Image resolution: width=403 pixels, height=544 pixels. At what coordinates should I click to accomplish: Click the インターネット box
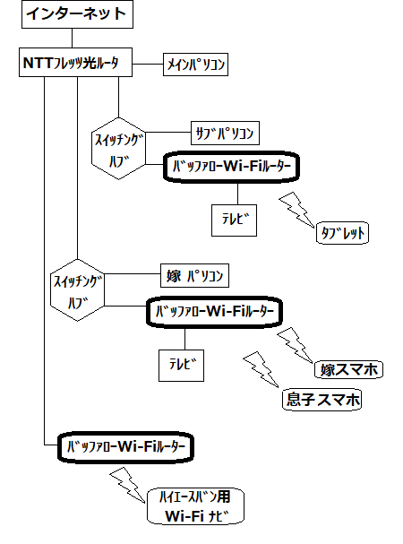pos(77,14)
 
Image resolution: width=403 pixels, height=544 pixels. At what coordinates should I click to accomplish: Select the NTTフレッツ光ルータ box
pos(75,63)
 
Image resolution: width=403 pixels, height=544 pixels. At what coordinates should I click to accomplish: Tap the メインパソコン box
pos(195,65)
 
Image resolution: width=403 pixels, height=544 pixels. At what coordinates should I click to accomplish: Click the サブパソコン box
pos(225,133)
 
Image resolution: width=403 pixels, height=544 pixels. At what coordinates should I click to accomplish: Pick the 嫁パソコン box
pos(194,275)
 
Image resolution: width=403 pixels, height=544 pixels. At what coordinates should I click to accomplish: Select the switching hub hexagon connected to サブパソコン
pos(118,149)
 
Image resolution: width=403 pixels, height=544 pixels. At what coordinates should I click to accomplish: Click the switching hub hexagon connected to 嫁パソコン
pos(77,290)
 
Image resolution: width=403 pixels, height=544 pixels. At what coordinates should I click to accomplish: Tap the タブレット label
pos(343,233)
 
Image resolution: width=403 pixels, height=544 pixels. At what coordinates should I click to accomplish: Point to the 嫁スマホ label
pos(348,369)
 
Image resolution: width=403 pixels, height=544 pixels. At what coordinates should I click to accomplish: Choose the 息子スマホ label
pos(322,400)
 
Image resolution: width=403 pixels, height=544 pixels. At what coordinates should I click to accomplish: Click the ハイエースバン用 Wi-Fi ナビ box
pos(195,505)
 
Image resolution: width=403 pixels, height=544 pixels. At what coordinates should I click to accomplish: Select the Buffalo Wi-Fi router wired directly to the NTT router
pos(125,447)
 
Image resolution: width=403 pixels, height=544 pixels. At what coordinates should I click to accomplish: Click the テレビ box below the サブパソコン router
pos(234,220)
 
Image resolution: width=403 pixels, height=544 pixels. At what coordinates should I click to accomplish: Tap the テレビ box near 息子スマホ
pos(182,366)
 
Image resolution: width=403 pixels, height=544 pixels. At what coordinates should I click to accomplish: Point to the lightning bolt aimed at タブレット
pos(296,211)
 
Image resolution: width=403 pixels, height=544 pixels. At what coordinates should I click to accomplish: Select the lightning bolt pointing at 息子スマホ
pos(261,369)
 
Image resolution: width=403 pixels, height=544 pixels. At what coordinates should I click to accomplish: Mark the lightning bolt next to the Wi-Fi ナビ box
pos(128,485)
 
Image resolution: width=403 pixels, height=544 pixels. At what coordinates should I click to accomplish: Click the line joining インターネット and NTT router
pos(73,39)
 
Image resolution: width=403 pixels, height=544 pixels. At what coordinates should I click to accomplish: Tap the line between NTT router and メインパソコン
pos(148,65)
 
